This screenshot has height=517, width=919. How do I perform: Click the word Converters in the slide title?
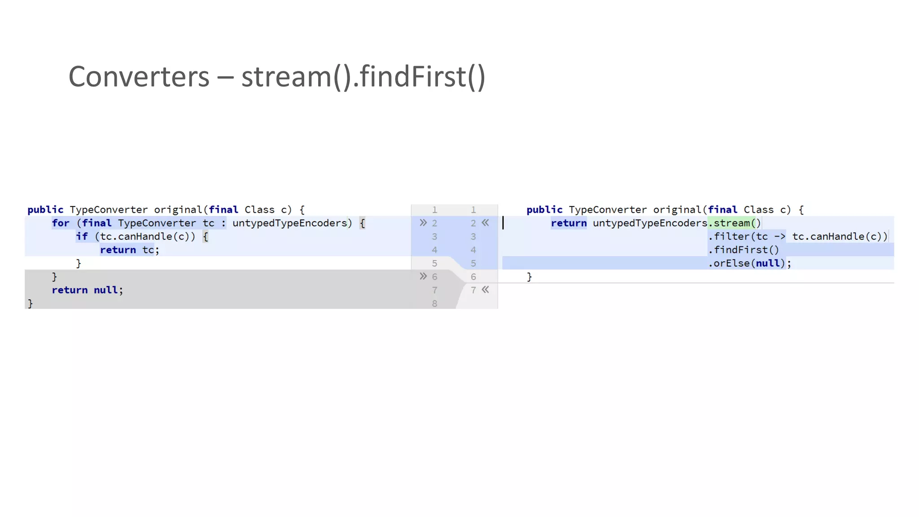[x=139, y=77]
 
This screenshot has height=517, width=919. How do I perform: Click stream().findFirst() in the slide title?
[x=363, y=77]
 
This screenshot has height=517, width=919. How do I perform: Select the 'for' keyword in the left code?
[x=61, y=223]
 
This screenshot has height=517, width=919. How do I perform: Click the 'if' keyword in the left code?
[x=82, y=237]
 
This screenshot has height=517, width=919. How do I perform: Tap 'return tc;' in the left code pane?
[x=129, y=250]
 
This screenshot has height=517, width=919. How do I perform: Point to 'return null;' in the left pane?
[x=87, y=290]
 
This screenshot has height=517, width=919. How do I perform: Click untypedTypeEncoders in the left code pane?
[x=289, y=223]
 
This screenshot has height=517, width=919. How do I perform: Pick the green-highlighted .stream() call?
[x=735, y=223]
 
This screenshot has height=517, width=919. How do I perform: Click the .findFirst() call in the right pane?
[x=744, y=250]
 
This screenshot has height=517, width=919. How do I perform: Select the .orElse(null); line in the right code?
[x=749, y=263]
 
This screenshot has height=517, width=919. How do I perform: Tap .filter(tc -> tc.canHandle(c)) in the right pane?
[x=797, y=237]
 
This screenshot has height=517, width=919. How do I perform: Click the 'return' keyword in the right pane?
[x=569, y=223]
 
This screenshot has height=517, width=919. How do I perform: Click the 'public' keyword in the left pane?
[x=45, y=210]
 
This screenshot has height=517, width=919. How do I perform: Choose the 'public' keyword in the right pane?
[x=544, y=210]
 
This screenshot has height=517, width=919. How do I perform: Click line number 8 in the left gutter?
[x=434, y=304]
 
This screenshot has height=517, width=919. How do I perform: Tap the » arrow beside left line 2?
[x=423, y=223]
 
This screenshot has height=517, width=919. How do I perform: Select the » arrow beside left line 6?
[x=423, y=276]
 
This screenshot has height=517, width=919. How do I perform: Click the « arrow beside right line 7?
[x=486, y=290]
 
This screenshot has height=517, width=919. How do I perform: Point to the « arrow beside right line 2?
[x=486, y=223]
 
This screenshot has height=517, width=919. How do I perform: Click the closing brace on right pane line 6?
[x=530, y=277]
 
